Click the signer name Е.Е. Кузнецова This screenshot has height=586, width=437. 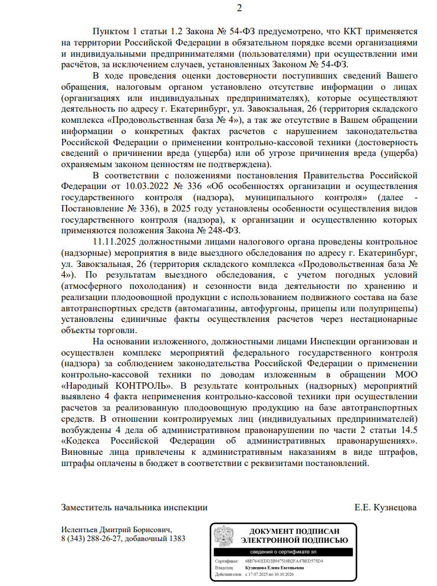[386, 507]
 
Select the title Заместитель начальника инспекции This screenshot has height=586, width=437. [134, 507]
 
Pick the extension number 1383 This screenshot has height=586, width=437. [175, 539]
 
